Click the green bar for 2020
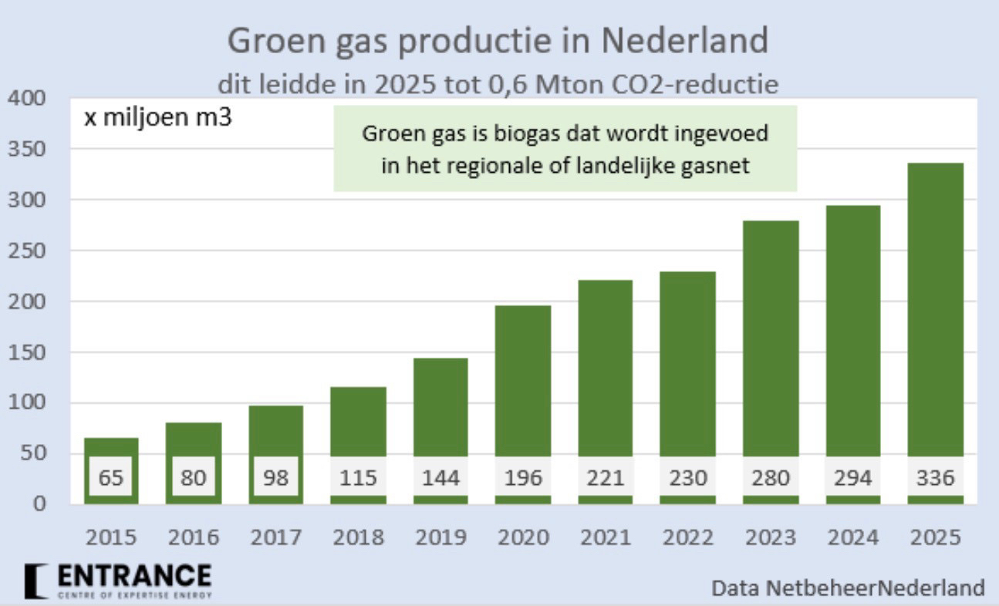point(522,378)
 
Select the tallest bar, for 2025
point(934,308)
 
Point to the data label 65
point(111,478)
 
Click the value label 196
point(522,478)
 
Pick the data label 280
point(770,478)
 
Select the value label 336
point(934,478)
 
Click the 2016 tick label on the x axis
point(193,537)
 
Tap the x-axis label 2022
point(687,537)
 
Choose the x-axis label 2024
point(852,537)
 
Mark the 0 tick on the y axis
point(38,505)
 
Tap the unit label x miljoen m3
point(157,120)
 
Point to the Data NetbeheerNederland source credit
point(848,588)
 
